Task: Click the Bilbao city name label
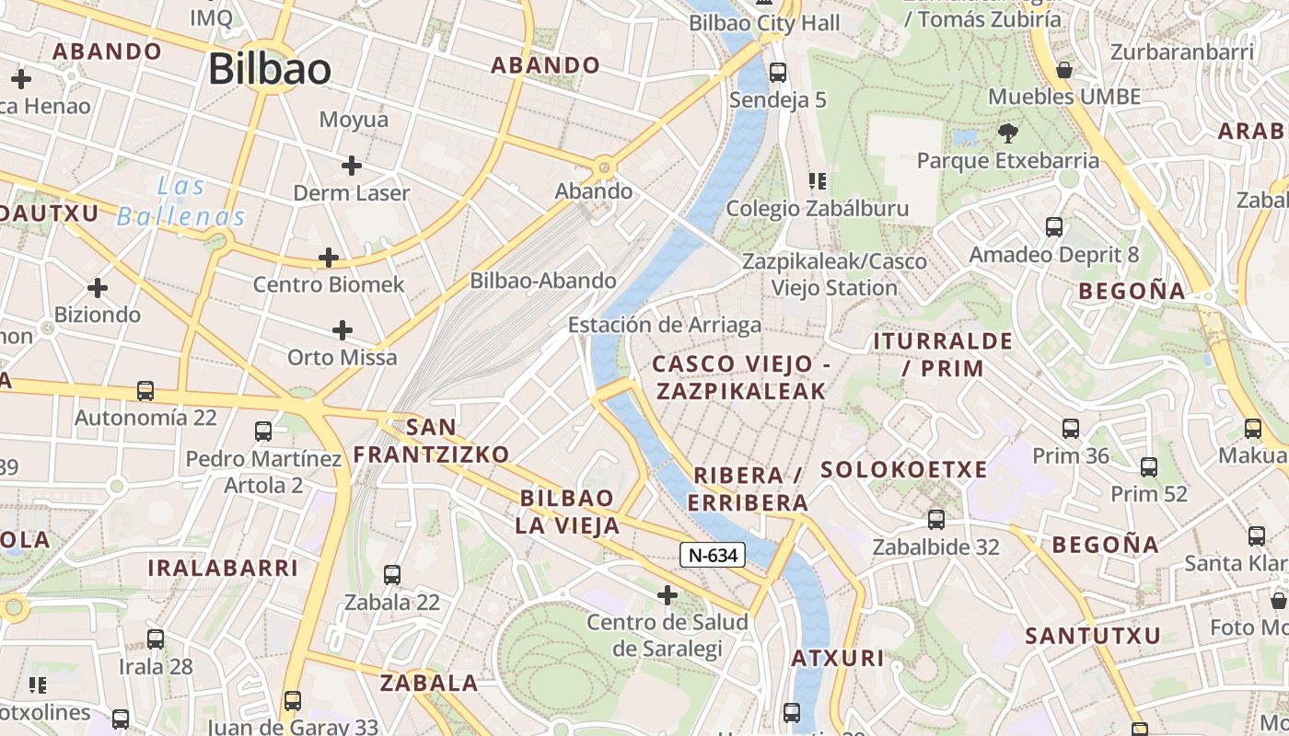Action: click(269, 70)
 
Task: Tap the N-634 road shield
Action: click(713, 555)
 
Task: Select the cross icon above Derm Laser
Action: click(351, 166)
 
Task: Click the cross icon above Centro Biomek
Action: click(329, 258)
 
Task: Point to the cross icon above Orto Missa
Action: click(343, 330)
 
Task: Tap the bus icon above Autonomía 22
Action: click(145, 391)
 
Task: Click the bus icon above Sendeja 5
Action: click(778, 72)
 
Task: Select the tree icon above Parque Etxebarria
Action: click(1008, 133)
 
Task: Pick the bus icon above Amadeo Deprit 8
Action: click(1054, 226)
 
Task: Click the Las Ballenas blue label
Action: click(181, 201)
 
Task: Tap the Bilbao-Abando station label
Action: click(543, 281)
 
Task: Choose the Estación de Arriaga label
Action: click(665, 325)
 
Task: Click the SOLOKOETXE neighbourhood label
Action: click(903, 470)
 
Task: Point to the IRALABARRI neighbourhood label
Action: click(223, 568)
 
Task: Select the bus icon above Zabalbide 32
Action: click(936, 520)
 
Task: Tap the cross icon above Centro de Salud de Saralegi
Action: click(668, 596)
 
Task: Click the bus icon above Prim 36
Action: click(1071, 428)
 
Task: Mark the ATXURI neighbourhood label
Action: click(838, 659)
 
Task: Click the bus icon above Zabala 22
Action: click(392, 575)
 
